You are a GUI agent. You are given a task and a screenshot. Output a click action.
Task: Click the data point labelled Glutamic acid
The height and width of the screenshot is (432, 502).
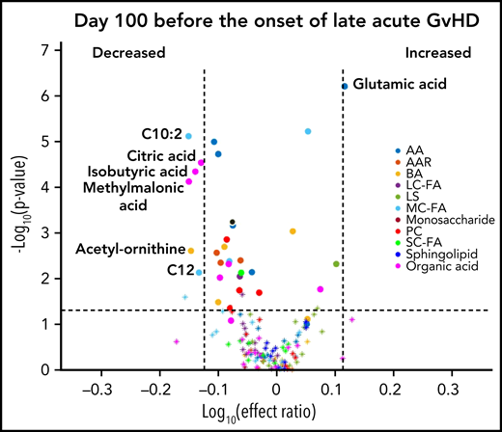[345, 87]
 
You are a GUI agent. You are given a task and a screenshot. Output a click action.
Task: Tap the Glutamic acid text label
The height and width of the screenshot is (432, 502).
[400, 85]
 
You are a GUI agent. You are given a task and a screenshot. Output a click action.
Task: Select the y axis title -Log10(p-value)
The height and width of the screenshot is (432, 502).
[17, 209]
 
